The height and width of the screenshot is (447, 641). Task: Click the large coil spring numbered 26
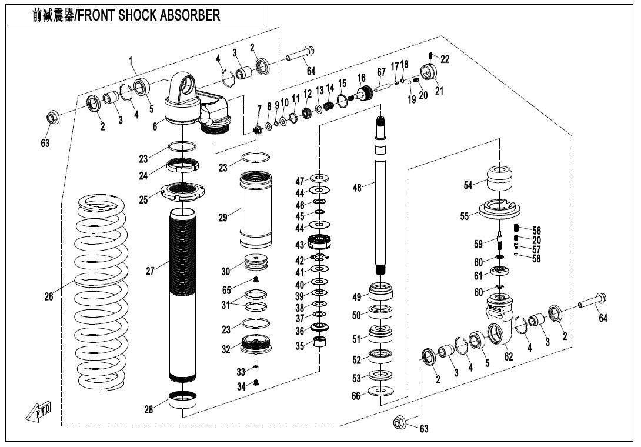[103, 294]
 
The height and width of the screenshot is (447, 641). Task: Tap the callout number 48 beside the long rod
[357, 187]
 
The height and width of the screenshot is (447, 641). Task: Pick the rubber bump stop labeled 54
[500, 178]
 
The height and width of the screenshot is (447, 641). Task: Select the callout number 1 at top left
[131, 60]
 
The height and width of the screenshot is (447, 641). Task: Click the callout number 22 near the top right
[445, 59]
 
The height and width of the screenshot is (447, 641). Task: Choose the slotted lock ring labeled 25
[182, 191]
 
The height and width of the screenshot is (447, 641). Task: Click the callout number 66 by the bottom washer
[356, 396]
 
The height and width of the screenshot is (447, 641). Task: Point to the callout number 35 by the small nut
[300, 346]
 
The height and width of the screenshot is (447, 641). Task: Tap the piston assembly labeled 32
[257, 344]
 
